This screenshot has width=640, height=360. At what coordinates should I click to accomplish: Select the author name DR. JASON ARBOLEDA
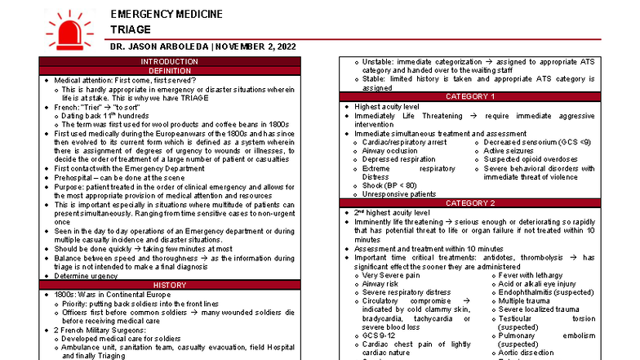[x=159, y=47]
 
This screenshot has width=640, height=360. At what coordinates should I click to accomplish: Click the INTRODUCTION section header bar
[x=169, y=62]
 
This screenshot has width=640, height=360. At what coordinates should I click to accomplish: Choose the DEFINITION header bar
[x=169, y=71]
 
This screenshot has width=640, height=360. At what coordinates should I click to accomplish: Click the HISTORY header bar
[x=169, y=284]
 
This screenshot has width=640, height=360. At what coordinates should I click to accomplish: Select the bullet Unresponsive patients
[x=398, y=194]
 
